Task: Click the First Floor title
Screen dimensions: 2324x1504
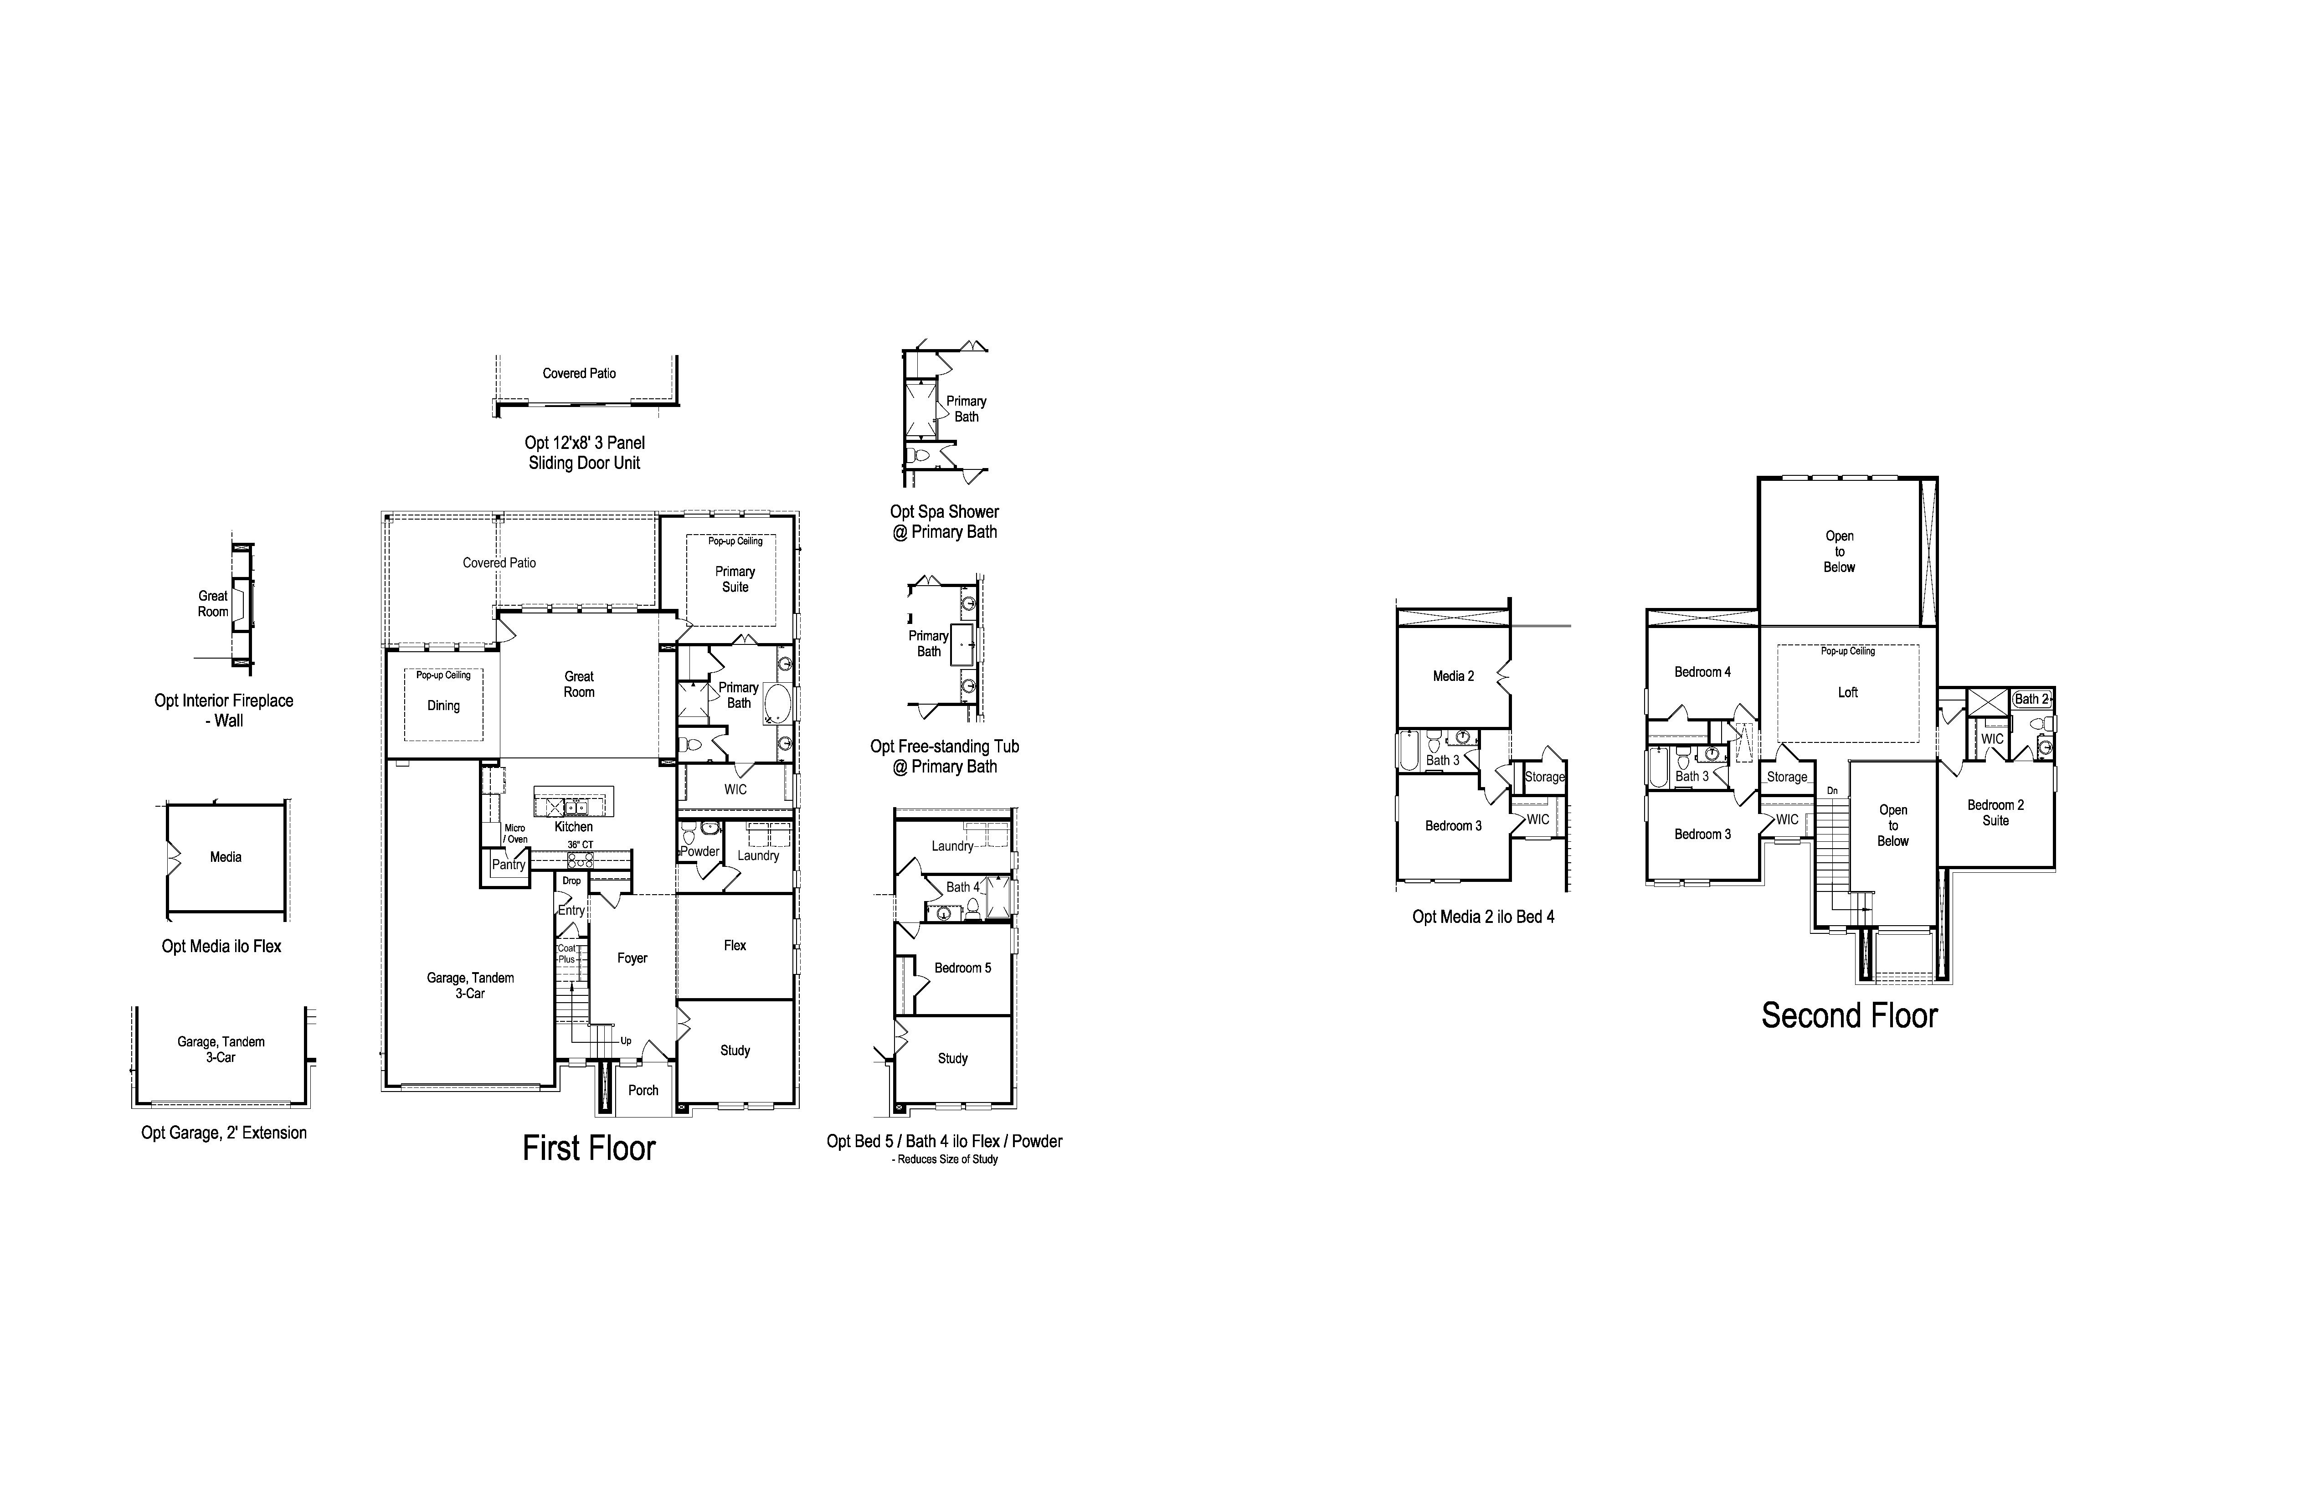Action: pos(589,1149)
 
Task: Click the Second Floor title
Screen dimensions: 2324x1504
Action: pos(1850,1016)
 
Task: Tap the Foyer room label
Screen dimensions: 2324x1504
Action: pos(632,958)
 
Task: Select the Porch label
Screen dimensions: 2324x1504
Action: pos(643,1090)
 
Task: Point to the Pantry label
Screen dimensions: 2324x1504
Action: pos(509,864)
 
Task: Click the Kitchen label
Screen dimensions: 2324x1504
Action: pos(574,826)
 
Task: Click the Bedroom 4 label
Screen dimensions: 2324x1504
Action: pos(1703,672)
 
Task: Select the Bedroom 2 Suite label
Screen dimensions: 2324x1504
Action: pos(1996,813)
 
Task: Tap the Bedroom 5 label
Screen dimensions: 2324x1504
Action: pos(963,968)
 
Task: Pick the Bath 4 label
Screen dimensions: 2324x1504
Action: pos(963,887)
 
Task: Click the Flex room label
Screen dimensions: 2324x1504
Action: pos(735,945)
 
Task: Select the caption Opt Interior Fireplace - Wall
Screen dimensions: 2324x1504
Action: pos(224,710)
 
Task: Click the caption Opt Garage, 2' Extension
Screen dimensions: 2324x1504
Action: pos(224,1133)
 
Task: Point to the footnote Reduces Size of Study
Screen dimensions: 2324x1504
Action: pos(946,1159)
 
